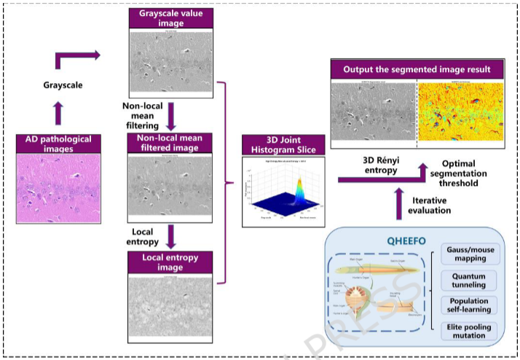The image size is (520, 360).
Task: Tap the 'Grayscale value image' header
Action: (170, 18)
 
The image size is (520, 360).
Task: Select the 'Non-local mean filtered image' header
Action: (170, 143)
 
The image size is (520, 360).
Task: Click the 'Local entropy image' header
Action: (170, 261)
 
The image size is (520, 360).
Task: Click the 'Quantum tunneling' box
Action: (470, 280)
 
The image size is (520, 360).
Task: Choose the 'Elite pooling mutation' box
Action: (470, 330)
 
